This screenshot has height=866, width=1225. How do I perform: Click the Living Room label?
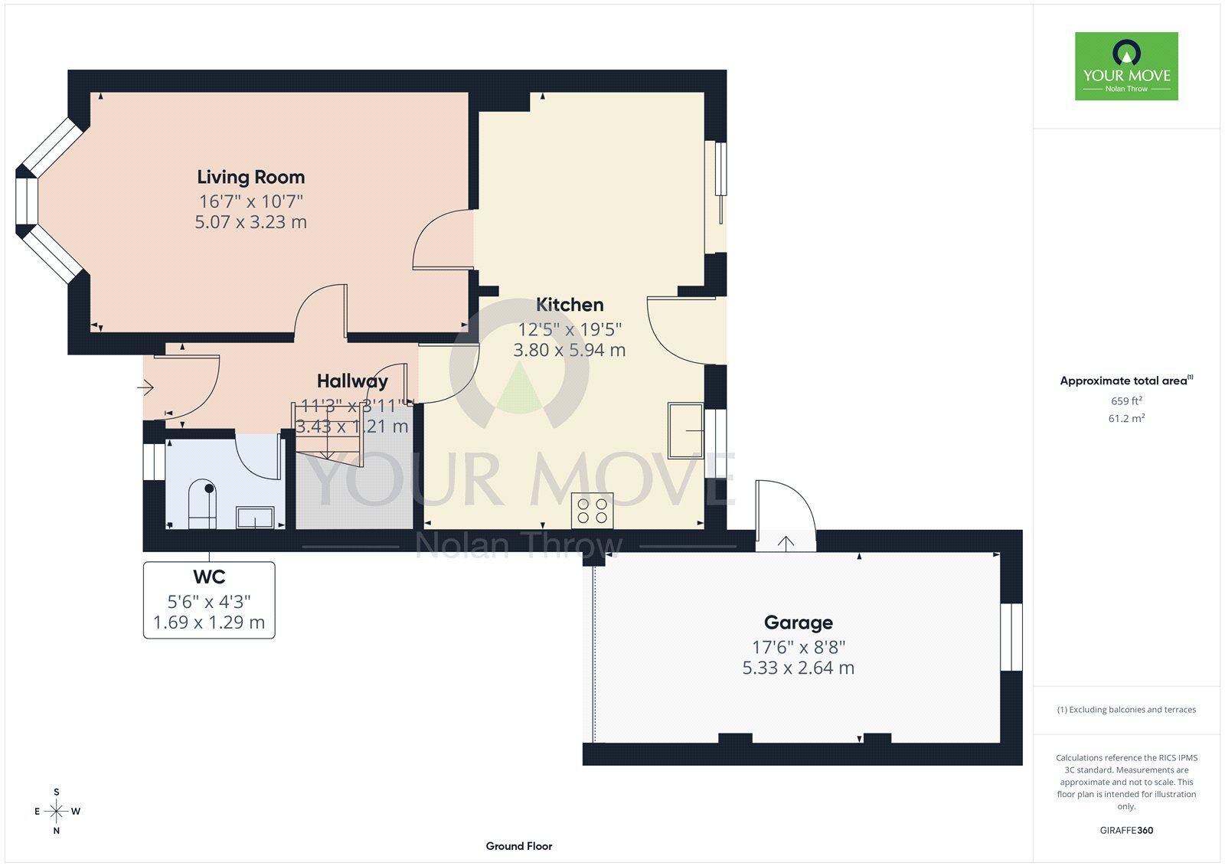click(x=251, y=177)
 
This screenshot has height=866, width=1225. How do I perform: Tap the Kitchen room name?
click(x=570, y=305)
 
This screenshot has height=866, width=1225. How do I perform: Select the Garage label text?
click(x=799, y=623)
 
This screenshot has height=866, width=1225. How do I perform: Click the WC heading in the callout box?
click(x=209, y=577)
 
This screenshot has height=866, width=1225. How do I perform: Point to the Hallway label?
click(x=352, y=381)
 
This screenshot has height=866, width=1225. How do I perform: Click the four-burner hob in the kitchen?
click(x=593, y=511)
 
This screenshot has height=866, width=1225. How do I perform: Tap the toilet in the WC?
click(x=202, y=504)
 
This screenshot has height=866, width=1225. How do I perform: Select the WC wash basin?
click(x=255, y=518)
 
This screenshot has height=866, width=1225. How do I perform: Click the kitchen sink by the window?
click(x=686, y=431)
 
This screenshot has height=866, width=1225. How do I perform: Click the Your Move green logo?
click(x=1126, y=66)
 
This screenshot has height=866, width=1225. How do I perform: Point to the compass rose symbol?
click(x=57, y=811)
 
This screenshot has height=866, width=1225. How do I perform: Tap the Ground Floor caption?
click(x=519, y=846)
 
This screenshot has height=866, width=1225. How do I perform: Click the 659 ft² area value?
click(x=1126, y=401)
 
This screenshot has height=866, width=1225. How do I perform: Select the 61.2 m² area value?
click(x=1126, y=419)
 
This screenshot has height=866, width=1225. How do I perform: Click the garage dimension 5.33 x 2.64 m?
click(x=799, y=668)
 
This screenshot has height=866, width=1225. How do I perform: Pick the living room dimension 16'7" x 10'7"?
click(x=251, y=201)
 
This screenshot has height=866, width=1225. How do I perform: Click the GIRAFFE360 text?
click(x=1126, y=831)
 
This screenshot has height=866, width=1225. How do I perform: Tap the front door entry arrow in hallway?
click(x=145, y=388)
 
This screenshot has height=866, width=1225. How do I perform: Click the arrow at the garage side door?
click(x=786, y=543)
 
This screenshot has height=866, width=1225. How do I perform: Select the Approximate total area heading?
click(x=1126, y=381)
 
